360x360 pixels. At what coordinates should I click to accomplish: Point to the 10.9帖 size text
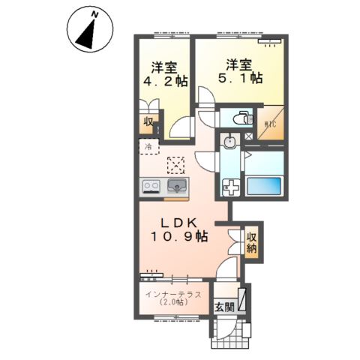tap(180, 236)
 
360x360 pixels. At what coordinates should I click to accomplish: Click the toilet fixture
tap(239, 118)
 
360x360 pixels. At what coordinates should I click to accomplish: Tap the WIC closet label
tap(271, 124)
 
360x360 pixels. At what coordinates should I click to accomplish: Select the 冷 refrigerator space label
tap(148, 146)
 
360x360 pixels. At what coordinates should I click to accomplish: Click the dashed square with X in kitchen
tap(176, 164)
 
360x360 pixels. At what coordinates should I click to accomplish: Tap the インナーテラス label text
tap(173, 294)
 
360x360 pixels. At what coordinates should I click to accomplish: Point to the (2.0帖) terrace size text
tap(173, 304)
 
